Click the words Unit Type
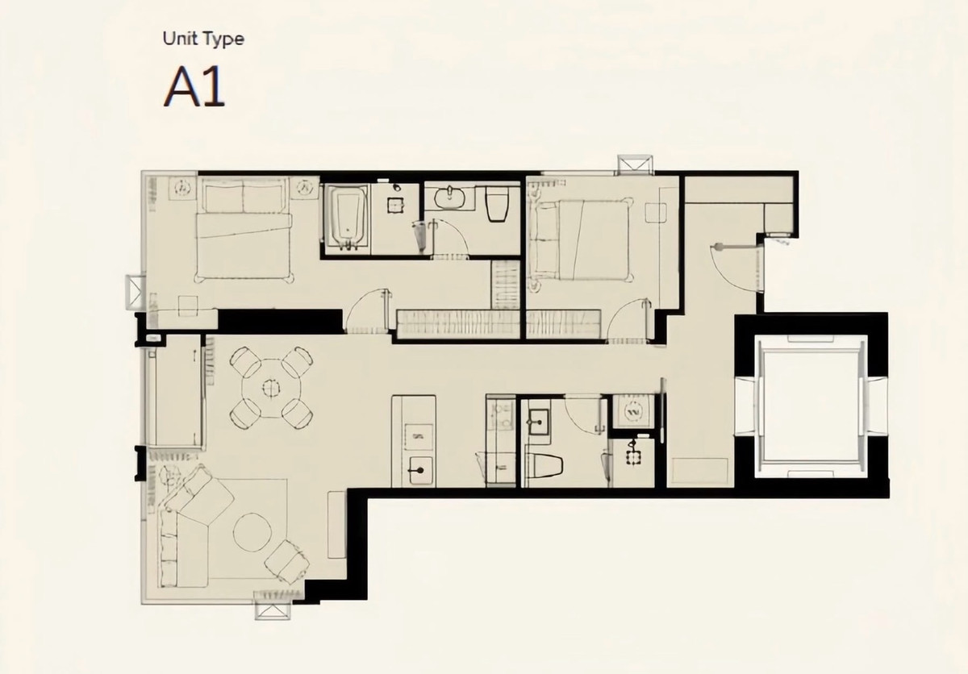(203, 38)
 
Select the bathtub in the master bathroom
(348, 214)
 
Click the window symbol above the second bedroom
(632, 165)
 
